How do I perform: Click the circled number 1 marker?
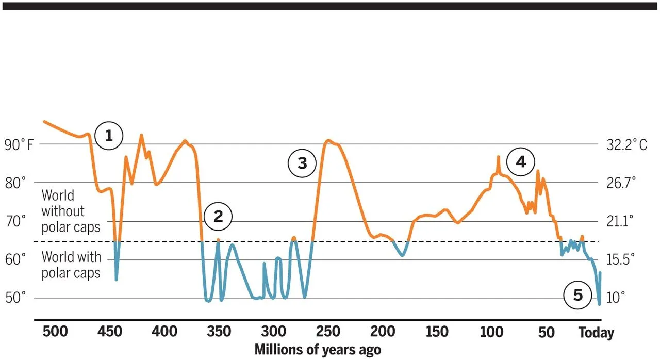coord(109,136)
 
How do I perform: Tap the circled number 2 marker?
coord(218,217)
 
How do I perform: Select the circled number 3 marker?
coord(302,163)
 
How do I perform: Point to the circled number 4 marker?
coord(521,162)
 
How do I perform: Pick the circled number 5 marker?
coord(577,296)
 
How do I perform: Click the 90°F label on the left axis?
coord(19,145)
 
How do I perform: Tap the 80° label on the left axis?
coord(15,183)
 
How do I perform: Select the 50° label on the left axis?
coord(15,298)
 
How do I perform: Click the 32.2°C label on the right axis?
coord(626,145)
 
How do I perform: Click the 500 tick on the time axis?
coord(55,332)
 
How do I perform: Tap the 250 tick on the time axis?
coord(328,332)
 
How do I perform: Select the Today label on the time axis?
coord(597,333)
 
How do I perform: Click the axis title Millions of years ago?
coord(318,350)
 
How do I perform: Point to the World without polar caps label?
coord(71,211)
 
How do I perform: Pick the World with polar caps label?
coord(71,264)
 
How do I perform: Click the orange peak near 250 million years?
coord(328,140)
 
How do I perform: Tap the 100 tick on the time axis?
coord(491,332)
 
